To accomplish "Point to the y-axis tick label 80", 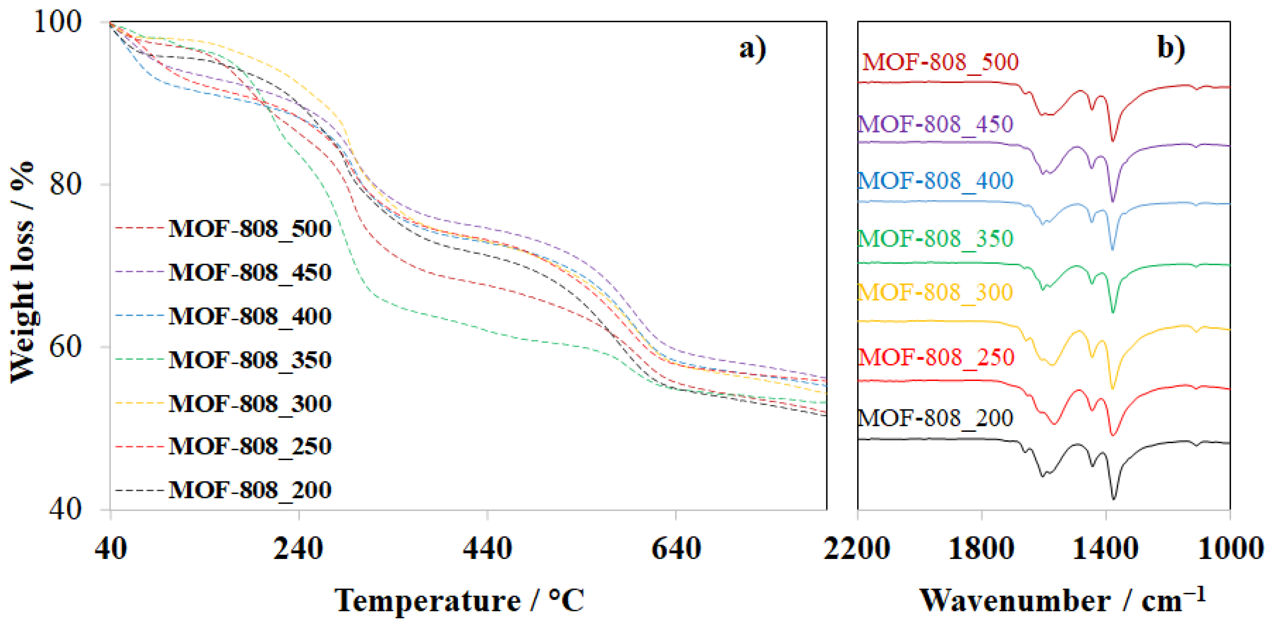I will tap(65, 184).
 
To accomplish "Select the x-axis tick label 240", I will tap(298, 548).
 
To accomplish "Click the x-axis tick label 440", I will tap(487, 548).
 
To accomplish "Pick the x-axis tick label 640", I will tap(676, 548).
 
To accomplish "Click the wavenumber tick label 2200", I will tap(857, 548).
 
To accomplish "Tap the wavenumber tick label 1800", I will tap(981, 548).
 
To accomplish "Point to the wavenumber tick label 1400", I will tap(1105, 548).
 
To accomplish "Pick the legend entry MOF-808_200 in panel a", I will tap(250, 490).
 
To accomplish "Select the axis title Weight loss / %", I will tap(22, 272).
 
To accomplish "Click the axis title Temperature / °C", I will tap(459, 600).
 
